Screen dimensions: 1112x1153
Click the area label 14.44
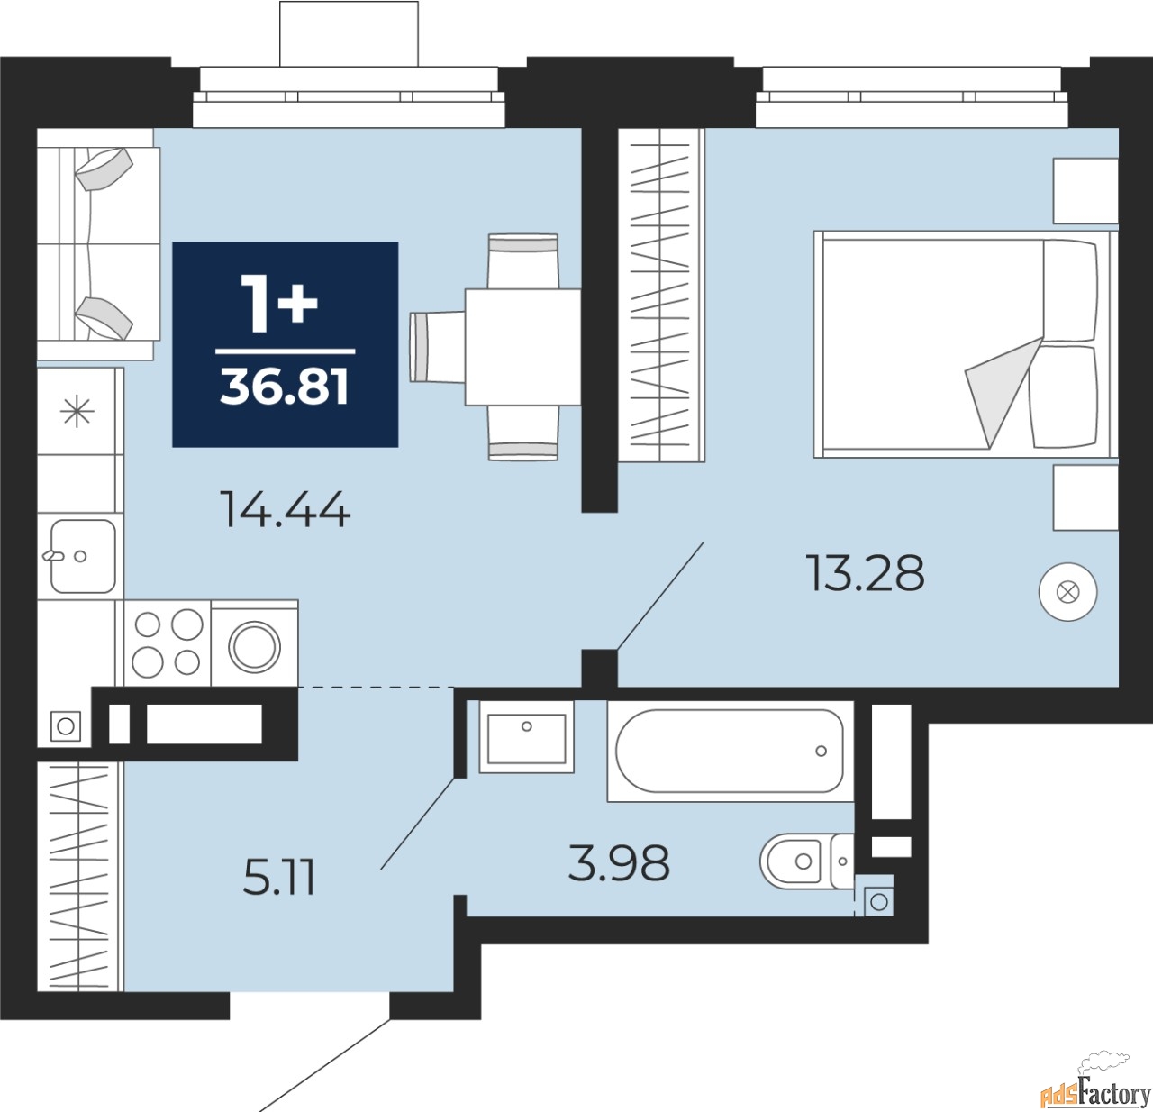pyautogui.click(x=285, y=511)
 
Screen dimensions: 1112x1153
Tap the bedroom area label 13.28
pyautogui.click(x=866, y=573)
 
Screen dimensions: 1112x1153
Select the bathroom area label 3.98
pyautogui.click(x=619, y=863)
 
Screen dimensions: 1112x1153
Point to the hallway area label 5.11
pyautogui.click(x=279, y=878)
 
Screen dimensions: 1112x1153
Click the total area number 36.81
pyautogui.click(x=285, y=387)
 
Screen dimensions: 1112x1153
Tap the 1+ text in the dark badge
pyautogui.click(x=280, y=304)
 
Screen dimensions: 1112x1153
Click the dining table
pyautogui.click(x=522, y=346)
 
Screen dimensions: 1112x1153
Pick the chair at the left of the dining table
pyautogui.click(x=434, y=346)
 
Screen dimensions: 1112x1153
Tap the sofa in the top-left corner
pyautogui.click(x=97, y=244)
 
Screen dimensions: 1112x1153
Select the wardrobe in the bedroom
pyautogui.click(x=661, y=296)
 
